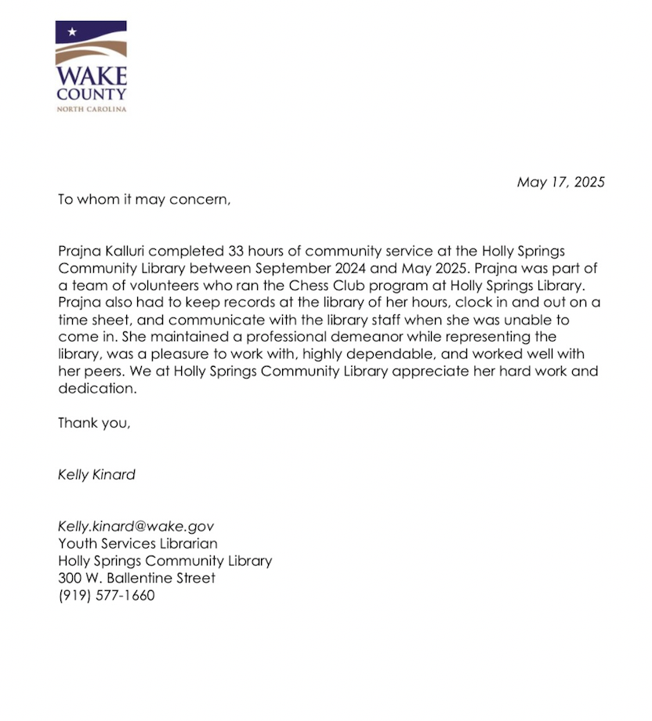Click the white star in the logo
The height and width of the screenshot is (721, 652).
[72, 32]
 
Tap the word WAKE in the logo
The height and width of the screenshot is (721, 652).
[91, 78]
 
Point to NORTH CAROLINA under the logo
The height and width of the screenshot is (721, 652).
[91, 109]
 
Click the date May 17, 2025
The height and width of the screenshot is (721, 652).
[560, 182]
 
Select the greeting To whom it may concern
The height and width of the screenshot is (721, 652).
[145, 199]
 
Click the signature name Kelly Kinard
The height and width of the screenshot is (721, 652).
[96, 475]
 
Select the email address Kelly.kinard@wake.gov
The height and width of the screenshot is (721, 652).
[136, 527]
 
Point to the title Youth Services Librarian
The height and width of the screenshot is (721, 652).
[138, 544]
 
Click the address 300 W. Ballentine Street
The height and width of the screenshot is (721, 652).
[136, 578]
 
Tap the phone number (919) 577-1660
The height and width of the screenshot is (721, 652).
[107, 596]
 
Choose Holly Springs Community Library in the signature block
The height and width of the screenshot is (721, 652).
[165, 561]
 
